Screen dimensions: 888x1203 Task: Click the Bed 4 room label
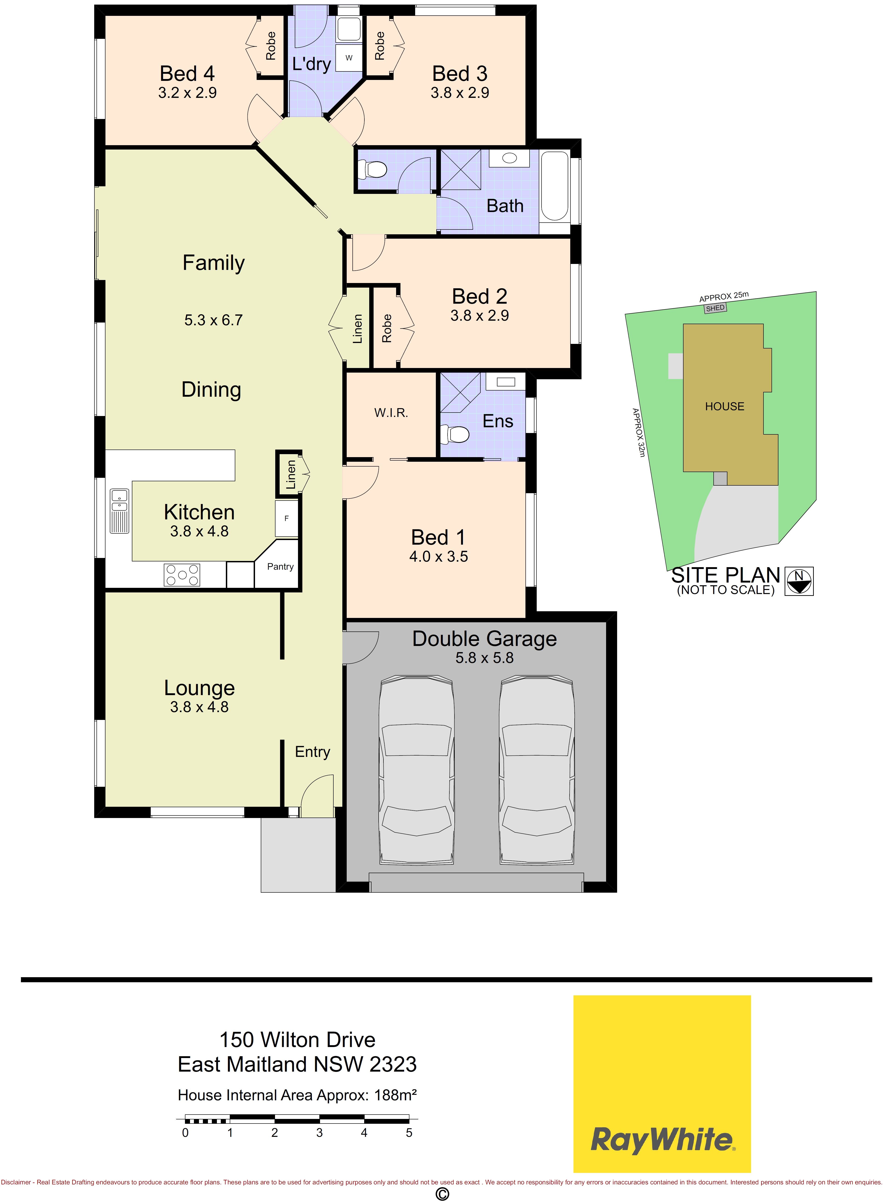coord(187,73)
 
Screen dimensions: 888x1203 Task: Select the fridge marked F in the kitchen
coord(287,518)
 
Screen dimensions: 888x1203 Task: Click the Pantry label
coord(280,566)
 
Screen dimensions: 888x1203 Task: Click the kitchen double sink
coord(120,511)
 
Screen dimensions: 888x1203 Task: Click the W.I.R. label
coord(391,413)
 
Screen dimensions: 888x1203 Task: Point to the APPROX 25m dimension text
coord(723,297)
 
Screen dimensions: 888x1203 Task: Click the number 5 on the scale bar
coord(409,1133)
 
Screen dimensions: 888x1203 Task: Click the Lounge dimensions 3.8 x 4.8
coord(199,707)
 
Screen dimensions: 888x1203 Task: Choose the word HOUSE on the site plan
coord(725,407)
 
